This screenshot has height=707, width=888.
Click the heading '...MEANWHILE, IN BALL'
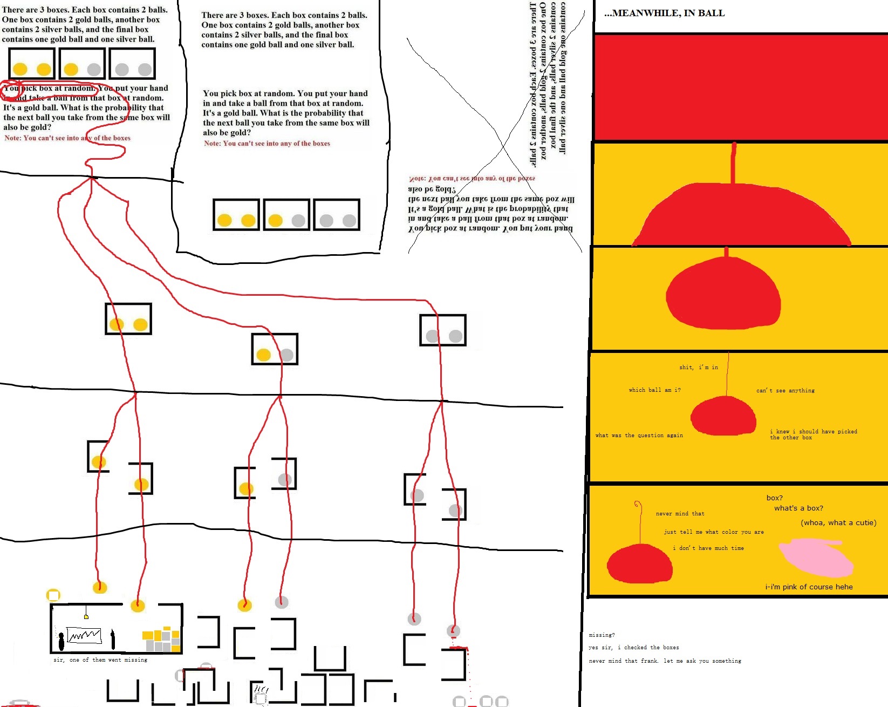click(664, 13)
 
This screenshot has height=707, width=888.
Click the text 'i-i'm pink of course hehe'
click(809, 587)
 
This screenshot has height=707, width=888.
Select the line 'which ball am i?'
click(654, 390)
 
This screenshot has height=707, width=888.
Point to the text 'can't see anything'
click(785, 390)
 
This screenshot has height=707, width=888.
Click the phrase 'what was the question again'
click(639, 435)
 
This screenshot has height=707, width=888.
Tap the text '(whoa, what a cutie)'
click(838, 522)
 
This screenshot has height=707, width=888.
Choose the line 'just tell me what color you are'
click(713, 532)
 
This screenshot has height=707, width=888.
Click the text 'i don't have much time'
click(708, 548)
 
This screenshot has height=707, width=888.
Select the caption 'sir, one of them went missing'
click(100, 660)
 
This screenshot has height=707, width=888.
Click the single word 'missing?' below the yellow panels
click(602, 635)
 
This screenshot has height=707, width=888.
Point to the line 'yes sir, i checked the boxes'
click(633, 647)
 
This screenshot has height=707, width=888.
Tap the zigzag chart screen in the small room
click(84, 635)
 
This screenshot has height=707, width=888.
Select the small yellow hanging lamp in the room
click(86, 616)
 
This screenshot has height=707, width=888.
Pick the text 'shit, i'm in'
click(698, 367)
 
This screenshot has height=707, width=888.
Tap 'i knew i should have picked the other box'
click(813, 434)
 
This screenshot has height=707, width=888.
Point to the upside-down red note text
click(472, 179)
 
